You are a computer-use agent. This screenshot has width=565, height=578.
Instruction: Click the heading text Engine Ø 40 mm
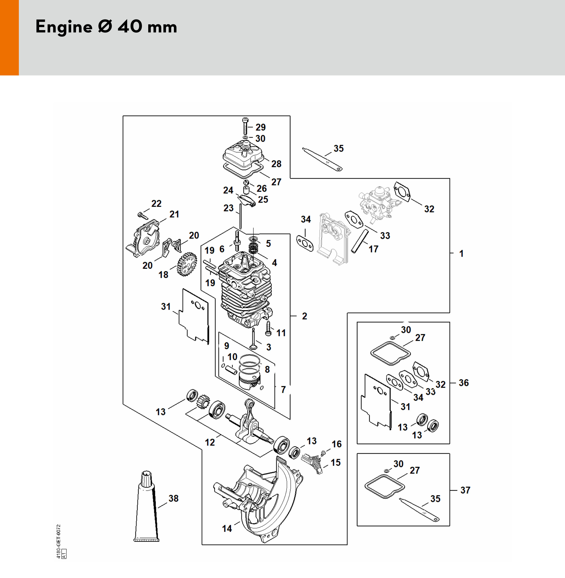(x=106, y=27)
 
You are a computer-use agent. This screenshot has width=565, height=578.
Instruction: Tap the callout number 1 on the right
(x=461, y=253)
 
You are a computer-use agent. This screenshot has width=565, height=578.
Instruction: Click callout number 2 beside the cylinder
(x=304, y=316)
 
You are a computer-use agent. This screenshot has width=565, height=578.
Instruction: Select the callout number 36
(x=464, y=383)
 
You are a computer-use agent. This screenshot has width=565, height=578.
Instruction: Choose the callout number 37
(x=465, y=490)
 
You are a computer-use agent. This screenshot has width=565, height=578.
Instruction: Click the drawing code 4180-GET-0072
(x=59, y=541)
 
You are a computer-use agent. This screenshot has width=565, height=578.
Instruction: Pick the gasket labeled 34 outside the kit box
(x=305, y=243)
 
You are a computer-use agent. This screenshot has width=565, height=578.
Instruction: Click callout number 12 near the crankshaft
(x=210, y=442)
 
